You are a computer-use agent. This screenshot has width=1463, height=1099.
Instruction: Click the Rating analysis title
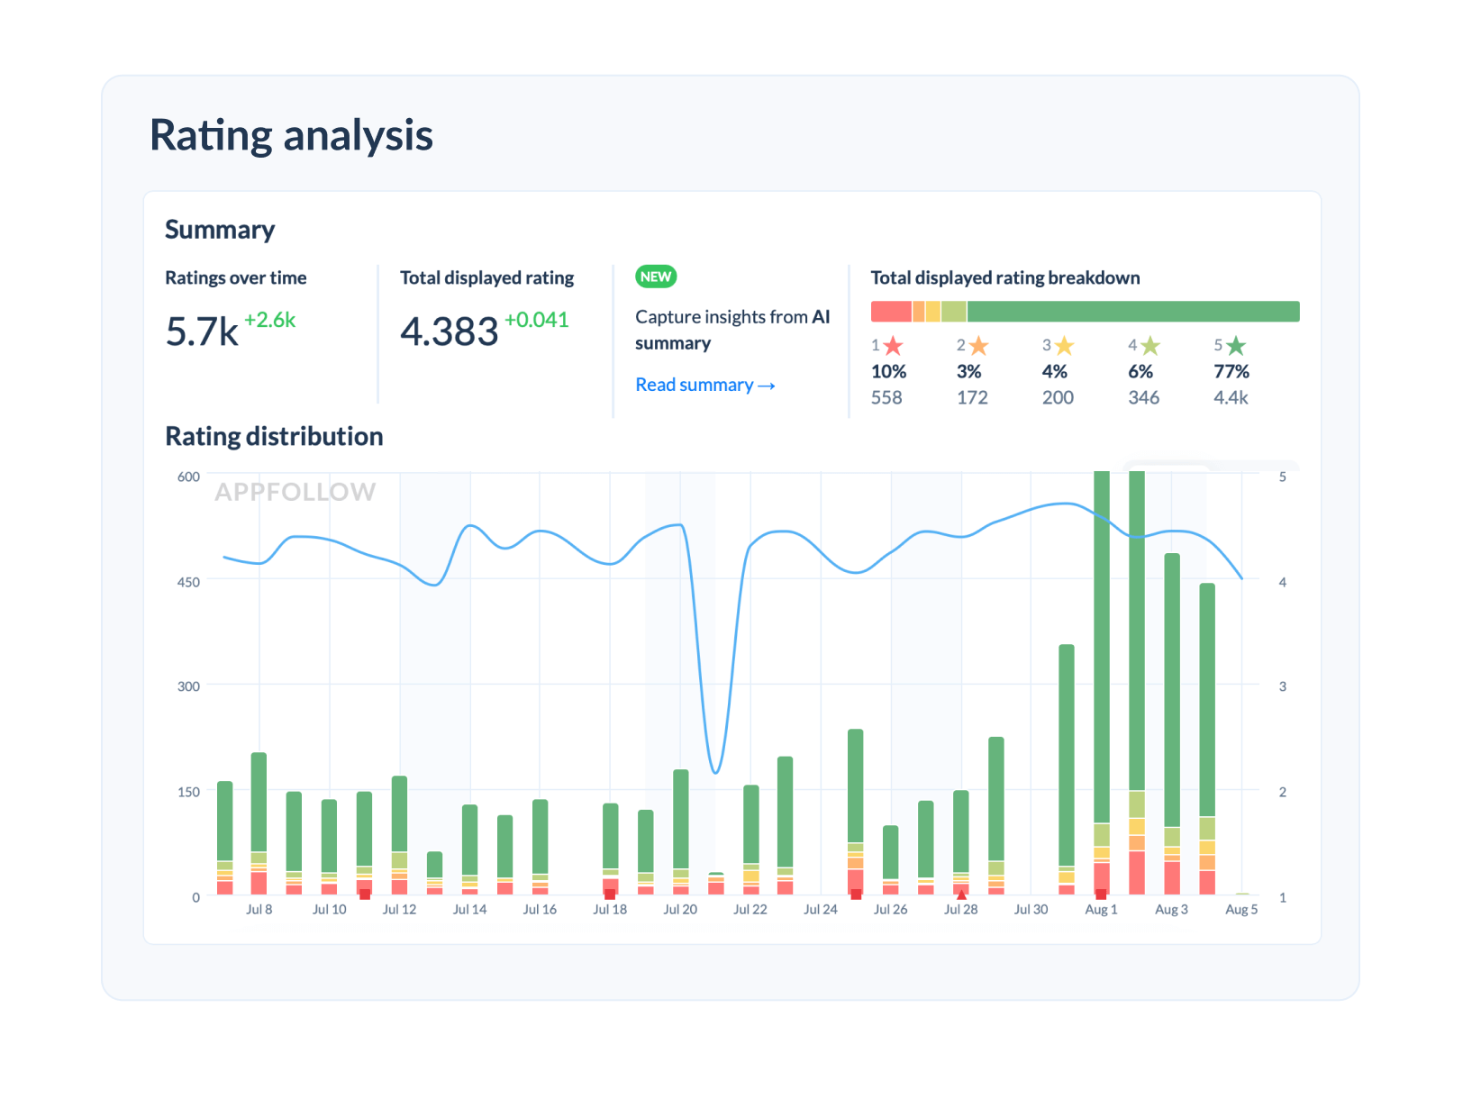pyautogui.click(x=291, y=135)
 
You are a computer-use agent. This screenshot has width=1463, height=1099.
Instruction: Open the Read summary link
pyautogui.click(x=704, y=385)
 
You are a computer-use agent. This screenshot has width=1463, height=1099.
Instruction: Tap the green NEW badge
pyautogui.click(x=656, y=277)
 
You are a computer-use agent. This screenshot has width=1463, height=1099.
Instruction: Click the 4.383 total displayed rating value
pyautogui.click(x=449, y=332)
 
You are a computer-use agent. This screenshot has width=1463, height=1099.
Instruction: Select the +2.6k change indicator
pyautogui.click(x=269, y=320)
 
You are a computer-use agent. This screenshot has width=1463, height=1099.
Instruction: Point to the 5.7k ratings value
pyautogui.click(x=202, y=332)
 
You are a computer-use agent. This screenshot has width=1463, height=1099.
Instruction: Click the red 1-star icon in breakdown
pyautogui.click(x=893, y=346)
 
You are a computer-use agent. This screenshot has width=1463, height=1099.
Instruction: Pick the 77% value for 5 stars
pyautogui.click(x=1231, y=371)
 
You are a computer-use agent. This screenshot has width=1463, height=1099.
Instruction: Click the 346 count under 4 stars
pyautogui.click(x=1143, y=397)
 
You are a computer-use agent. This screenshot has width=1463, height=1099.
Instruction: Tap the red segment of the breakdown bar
pyautogui.click(x=891, y=312)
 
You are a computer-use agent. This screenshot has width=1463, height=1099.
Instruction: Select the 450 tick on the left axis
pyautogui.click(x=188, y=582)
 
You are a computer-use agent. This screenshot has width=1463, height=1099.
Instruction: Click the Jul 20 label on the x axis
pyautogui.click(x=680, y=910)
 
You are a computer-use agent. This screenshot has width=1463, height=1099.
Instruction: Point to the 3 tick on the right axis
pyautogui.click(x=1282, y=686)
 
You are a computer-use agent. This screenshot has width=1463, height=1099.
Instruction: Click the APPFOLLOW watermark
pyautogui.click(x=295, y=492)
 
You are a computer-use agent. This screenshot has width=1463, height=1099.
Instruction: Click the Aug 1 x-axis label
pyautogui.click(x=1101, y=910)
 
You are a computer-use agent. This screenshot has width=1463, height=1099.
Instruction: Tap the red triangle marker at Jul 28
pyautogui.click(x=961, y=895)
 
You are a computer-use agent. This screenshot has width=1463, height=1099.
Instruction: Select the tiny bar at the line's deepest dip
pyautogui.click(x=715, y=884)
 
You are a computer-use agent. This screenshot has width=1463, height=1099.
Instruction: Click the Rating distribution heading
pyautogui.click(x=274, y=437)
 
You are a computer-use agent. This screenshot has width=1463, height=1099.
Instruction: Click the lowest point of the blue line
pyautogui.click(x=715, y=772)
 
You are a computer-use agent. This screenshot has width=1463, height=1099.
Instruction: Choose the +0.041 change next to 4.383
pyautogui.click(x=536, y=320)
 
